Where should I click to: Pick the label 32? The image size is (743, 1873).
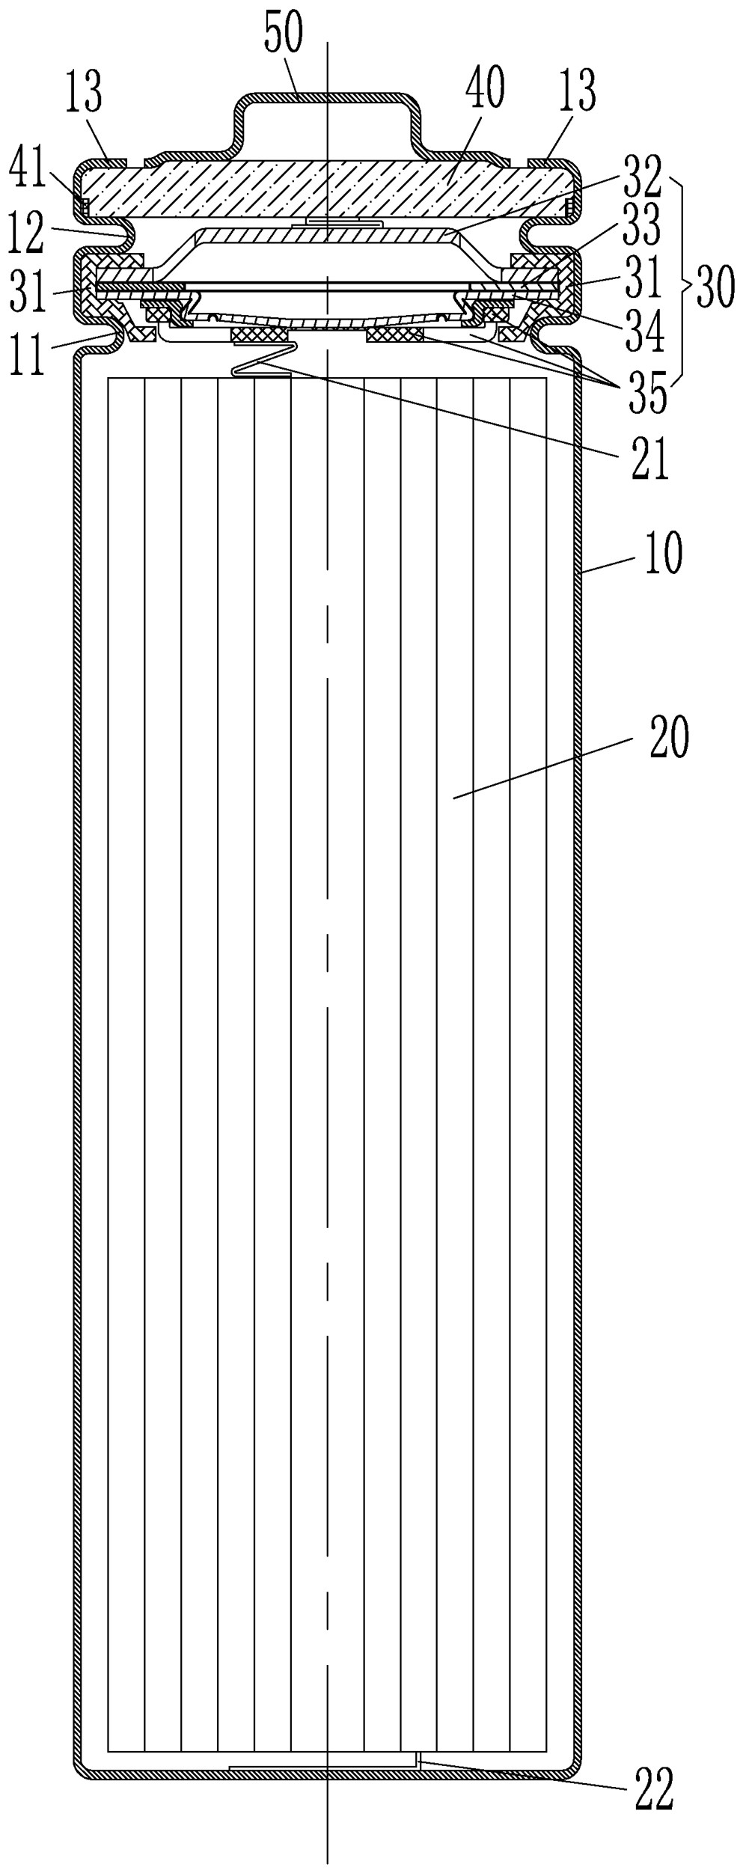pyautogui.click(x=641, y=177)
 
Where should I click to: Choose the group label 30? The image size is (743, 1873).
pyautogui.click(x=715, y=287)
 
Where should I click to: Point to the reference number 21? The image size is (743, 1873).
pyautogui.click(x=649, y=459)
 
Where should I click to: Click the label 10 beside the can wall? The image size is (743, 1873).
pyautogui.click(x=663, y=554)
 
